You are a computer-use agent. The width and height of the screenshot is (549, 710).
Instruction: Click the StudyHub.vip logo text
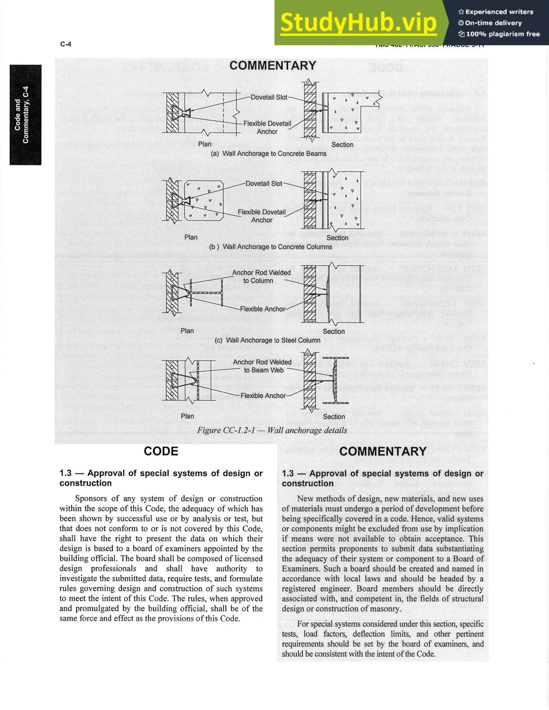pyautogui.click(x=358, y=23)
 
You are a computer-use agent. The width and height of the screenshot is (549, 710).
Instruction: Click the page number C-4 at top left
pyautogui.click(x=66, y=44)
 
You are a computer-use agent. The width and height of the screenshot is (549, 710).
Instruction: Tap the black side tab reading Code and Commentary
pyautogui.click(x=25, y=115)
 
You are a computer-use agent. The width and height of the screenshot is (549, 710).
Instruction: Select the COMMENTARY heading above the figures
pyautogui.click(x=273, y=66)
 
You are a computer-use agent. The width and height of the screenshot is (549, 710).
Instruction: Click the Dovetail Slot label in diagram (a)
pyautogui.click(x=269, y=97)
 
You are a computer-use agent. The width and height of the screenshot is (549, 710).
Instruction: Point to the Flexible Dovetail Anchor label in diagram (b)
pyautogui.click(x=262, y=216)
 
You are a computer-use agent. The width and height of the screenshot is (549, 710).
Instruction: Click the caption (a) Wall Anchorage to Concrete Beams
pyautogui.click(x=268, y=154)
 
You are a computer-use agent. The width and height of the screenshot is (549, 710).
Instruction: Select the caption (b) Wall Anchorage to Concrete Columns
pyautogui.click(x=270, y=247)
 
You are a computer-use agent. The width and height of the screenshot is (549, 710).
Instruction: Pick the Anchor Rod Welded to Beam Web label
pyautogui.click(x=262, y=366)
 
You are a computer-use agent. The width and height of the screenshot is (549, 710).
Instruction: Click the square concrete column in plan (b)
pyautogui.click(x=204, y=200)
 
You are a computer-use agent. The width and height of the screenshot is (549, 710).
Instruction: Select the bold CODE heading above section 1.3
pyautogui.click(x=161, y=451)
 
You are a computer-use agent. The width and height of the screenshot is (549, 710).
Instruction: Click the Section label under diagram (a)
pyautogui.click(x=342, y=145)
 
